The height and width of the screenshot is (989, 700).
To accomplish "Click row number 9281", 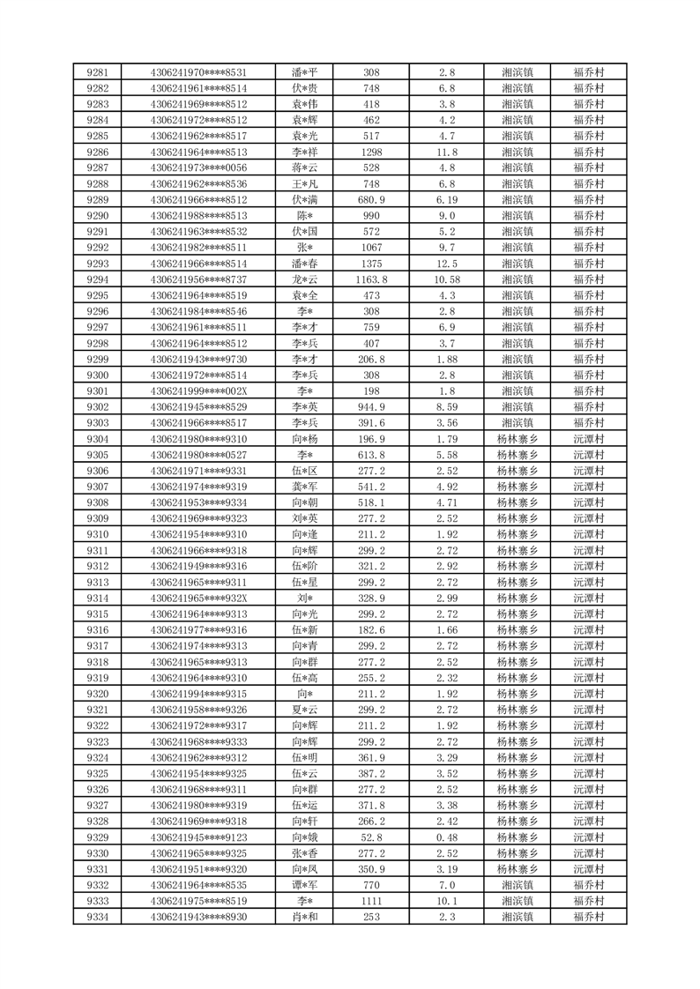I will coord(98,72).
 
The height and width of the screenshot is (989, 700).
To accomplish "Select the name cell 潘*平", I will coord(304,72).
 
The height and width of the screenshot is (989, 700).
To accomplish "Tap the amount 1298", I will coord(371,152).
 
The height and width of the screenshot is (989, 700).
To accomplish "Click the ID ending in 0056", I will coord(198,167).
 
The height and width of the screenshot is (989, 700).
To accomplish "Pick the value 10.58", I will coord(446,279).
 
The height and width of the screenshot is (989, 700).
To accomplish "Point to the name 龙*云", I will coord(304,279).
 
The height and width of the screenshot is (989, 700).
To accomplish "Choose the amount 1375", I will coord(371,264).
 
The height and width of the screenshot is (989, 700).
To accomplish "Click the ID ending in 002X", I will coord(198,390).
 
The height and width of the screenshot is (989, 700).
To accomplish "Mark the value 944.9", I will coord(371,406).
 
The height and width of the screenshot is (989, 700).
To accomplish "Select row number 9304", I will coord(98,438).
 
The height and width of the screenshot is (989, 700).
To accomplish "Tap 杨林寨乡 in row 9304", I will coord(518,438).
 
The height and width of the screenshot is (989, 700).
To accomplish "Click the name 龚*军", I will coord(304,487).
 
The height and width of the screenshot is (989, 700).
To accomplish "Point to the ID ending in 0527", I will coord(198,455).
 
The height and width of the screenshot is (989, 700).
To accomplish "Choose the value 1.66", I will coord(446,629).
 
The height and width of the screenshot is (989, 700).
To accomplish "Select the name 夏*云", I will coord(304,710).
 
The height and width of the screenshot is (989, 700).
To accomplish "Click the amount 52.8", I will coord(371,837).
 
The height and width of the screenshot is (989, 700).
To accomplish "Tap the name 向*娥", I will coord(304,837).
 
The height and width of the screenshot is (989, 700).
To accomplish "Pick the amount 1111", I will coord(371,901).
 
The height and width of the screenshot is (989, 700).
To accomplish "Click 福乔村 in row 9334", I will coord(588,917).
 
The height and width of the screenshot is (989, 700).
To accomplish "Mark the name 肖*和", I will coord(304,917).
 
